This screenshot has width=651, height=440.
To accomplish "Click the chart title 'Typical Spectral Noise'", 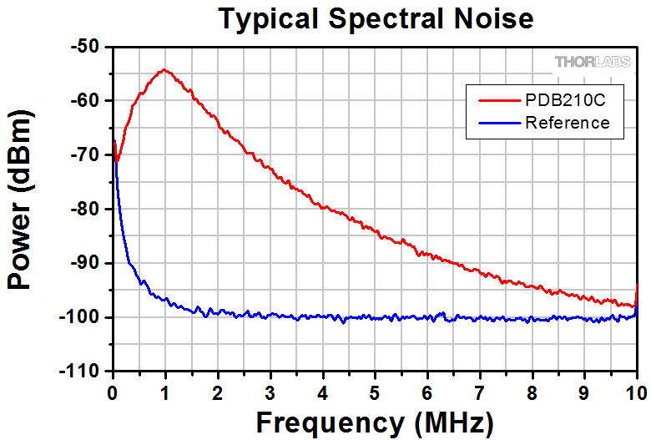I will (375, 18).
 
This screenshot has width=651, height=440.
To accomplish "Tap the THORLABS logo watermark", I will (593, 62).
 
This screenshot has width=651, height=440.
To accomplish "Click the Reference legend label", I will (568, 123).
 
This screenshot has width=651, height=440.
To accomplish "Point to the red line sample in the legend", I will (498, 100).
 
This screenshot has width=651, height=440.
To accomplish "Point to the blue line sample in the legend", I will (498, 123).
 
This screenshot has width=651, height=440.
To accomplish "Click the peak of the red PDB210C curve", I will (164, 70).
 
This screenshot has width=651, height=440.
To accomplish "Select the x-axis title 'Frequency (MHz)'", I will (375, 421).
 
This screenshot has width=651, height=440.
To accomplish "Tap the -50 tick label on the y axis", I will (88, 48).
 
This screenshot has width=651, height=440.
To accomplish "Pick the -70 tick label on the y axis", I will (88, 155).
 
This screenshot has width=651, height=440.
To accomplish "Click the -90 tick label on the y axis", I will (88, 263).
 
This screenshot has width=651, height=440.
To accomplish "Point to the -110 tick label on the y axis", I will (83, 371).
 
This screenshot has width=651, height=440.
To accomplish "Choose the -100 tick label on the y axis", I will (83, 317).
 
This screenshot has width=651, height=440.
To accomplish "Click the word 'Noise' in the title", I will (491, 18).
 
